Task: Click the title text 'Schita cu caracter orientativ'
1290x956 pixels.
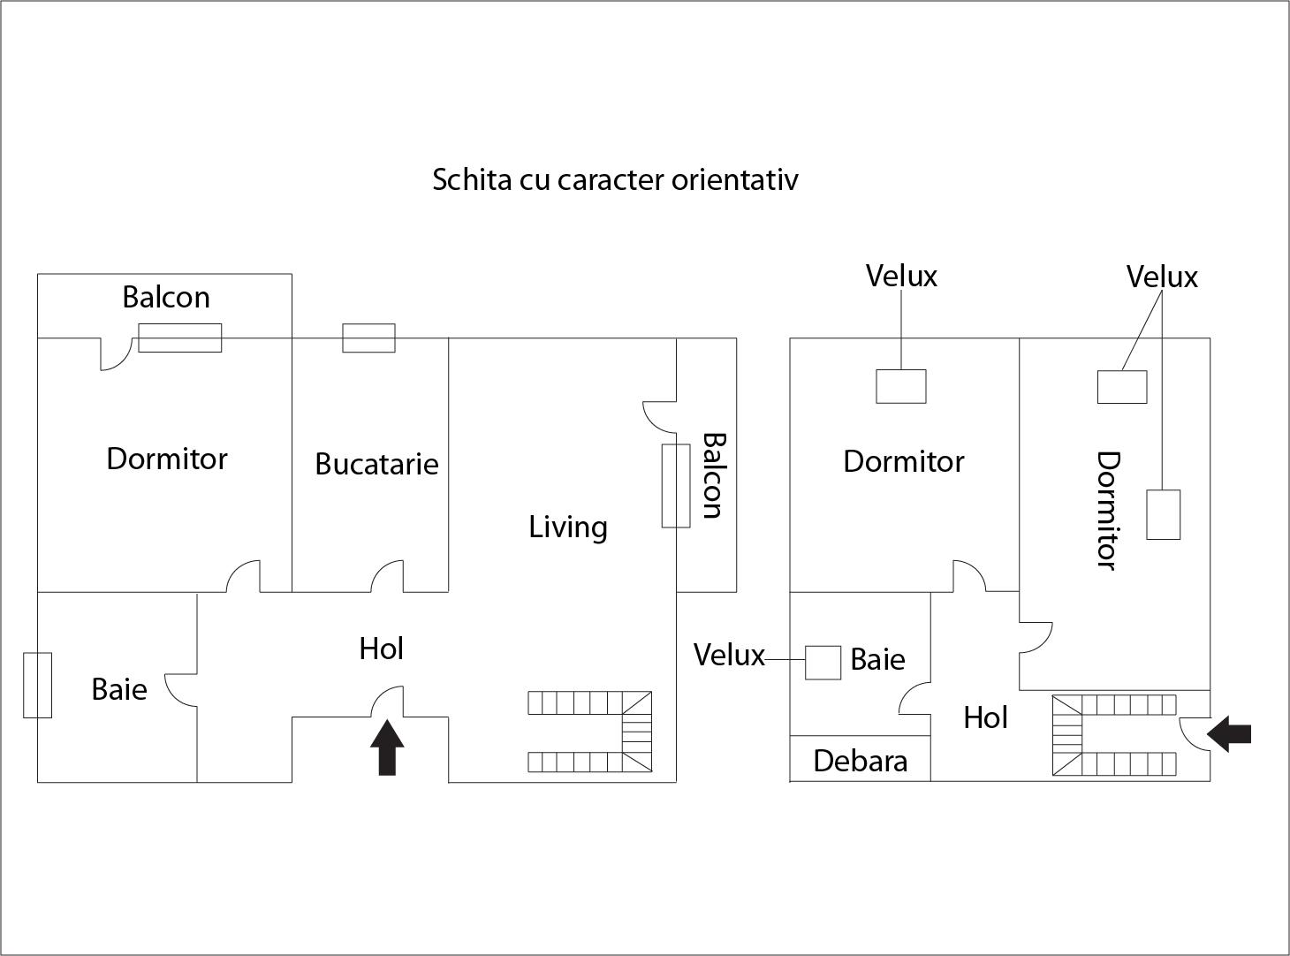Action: click(x=615, y=179)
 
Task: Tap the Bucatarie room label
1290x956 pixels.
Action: click(x=376, y=464)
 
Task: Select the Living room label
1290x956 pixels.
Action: click(x=567, y=527)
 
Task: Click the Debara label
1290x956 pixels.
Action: click(x=860, y=761)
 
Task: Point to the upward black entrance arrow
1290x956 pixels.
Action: click(x=387, y=747)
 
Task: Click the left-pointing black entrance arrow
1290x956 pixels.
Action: click(x=1229, y=733)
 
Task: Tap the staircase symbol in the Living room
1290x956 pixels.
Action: click(x=590, y=732)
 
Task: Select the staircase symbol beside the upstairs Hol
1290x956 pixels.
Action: click(x=1114, y=734)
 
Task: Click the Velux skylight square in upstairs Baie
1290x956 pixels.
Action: click(x=823, y=663)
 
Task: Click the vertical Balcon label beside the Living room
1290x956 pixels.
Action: click(x=712, y=475)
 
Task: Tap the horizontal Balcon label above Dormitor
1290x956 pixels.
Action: click(x=166, y=297)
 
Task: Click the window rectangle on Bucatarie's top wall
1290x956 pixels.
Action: click(x=368, y=338)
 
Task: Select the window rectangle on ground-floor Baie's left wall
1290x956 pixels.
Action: click(x=37, y=685)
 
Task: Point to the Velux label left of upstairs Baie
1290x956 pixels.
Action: click(x=729, y=655)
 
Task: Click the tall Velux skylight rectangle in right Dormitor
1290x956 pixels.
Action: click(x=1163, y=514)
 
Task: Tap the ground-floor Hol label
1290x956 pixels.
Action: click(x=381, y=649)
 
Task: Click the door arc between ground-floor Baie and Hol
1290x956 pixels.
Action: click(x=181, y=689)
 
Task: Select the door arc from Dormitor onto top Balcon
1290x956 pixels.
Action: click(x=115, y=354)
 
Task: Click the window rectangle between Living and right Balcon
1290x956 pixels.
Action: click(x=676, y=486)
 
